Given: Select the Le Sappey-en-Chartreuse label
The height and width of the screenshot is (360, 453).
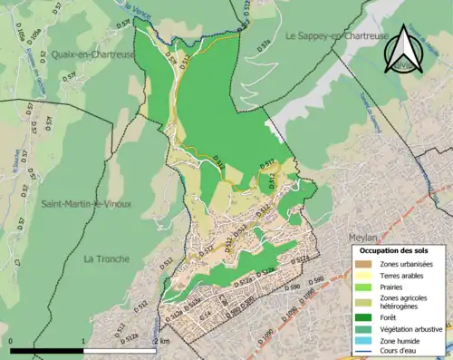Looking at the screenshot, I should [x=337, y=36].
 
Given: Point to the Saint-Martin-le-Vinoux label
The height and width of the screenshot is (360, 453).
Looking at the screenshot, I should [x=86, y=203].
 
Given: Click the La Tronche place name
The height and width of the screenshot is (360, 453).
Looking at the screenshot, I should [x=108, y=258].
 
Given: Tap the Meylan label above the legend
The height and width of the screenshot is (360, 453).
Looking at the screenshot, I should [x=362, y=238].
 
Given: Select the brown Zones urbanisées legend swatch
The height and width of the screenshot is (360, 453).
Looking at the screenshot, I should [x=364, y=263].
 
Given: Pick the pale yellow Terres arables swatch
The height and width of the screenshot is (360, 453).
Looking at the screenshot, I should [x=364, y=275].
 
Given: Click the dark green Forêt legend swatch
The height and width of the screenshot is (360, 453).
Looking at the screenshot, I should [x=364, y=316].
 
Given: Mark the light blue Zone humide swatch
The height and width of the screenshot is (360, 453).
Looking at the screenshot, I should [x=364, y=340].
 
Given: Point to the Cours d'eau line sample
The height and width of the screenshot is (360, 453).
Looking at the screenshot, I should [x=364, y=352].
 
